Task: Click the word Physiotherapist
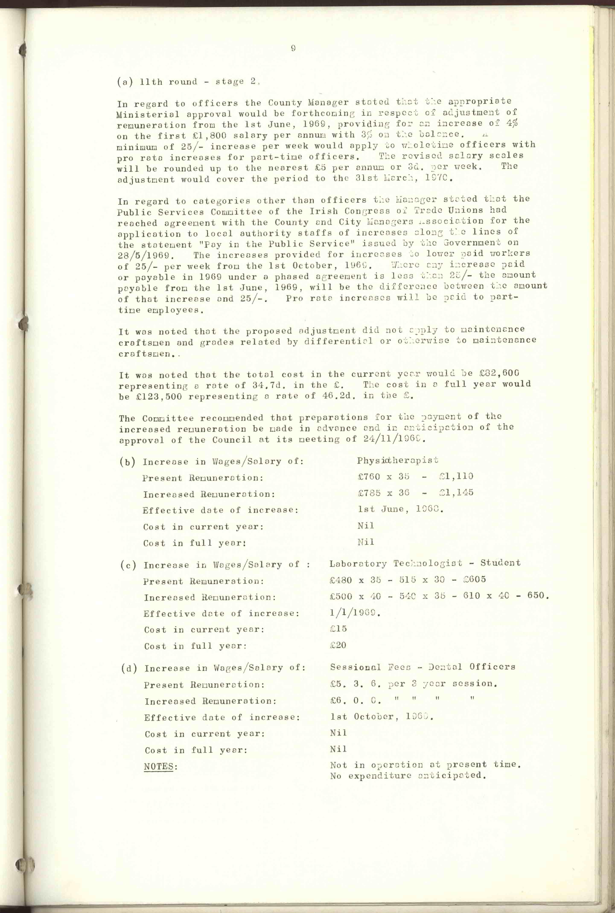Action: pos(397,460)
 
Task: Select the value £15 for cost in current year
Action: pos(338,629)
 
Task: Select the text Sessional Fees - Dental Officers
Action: pos(423,667)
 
